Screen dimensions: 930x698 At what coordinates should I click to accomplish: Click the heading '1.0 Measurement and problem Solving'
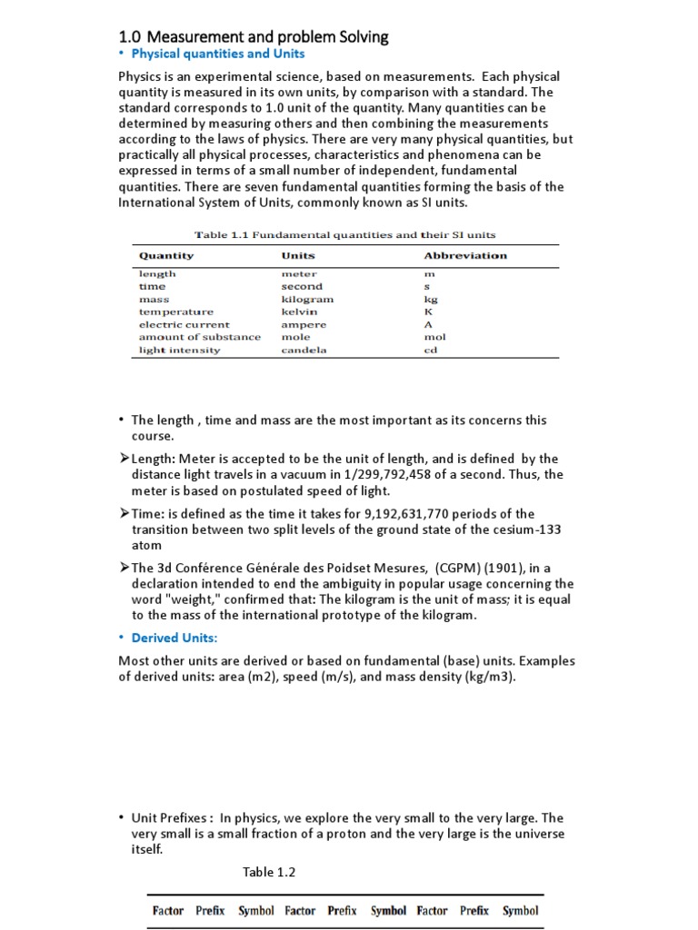[x=254, y=37]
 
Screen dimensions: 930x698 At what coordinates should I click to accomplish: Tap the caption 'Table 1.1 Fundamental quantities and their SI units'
[x=345, y=234]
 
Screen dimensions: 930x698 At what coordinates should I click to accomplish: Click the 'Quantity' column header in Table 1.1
[x=166, y=256]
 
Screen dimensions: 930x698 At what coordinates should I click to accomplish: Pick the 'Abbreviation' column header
[x=465, y=256]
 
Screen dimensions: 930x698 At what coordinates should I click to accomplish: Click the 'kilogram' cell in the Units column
[x=307, y=299]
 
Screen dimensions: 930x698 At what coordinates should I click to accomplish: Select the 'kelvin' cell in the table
[x=299, y=312]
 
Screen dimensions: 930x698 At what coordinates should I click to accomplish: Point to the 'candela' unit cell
[x=304, y=350]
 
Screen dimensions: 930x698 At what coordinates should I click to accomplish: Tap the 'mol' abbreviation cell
[x=434, y=337]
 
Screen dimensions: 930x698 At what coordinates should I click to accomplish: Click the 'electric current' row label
[x=184, y=324]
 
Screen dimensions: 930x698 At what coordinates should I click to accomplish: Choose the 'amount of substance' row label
[x=200, y=337]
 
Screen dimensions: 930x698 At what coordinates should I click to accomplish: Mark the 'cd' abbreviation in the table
[x=431, y=350]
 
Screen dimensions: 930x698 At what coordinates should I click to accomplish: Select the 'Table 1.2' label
[x=269, y=873]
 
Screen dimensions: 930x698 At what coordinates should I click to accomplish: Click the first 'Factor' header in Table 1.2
[x=168, y=911]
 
